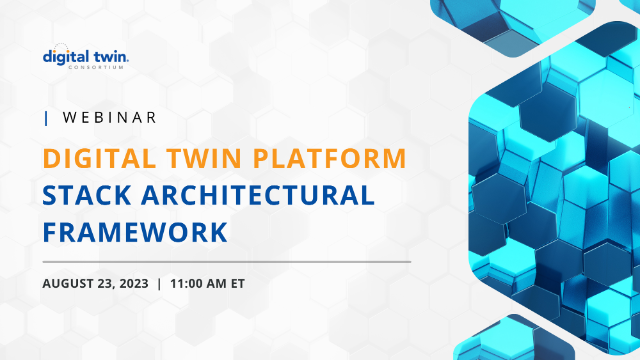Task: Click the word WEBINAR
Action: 109,118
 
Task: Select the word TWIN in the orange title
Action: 214,158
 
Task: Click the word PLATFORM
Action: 334,158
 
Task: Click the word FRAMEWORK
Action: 135,232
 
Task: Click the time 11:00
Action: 189,283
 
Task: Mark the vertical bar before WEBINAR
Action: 46,118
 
